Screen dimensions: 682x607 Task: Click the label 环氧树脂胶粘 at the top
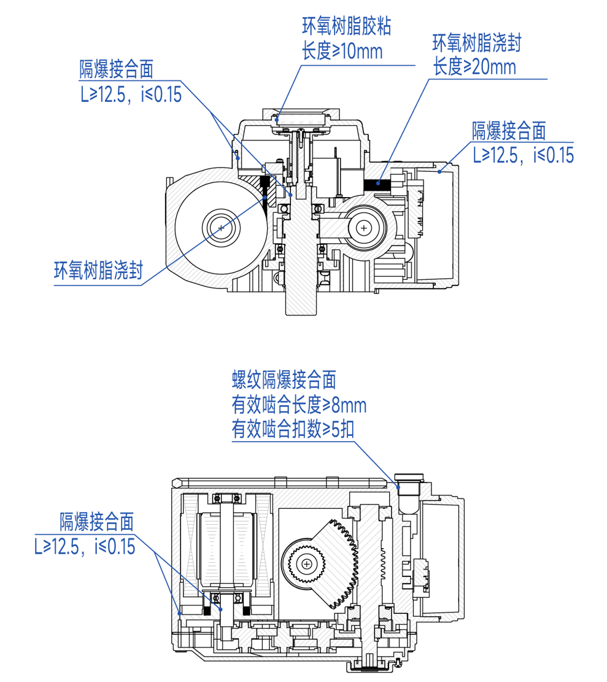tap(347, 27)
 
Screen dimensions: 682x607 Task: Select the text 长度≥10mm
tap(342, 50)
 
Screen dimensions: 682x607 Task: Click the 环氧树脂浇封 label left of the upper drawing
tap(99, 270)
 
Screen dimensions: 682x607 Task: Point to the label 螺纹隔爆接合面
tap(284, 381)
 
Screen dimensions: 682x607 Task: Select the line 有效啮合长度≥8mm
tap(299, 405)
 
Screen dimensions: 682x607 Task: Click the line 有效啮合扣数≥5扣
tap(293, 429)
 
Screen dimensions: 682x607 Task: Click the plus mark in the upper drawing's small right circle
tap(365, 228)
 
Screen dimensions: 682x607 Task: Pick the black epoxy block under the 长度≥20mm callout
tap(377, 182)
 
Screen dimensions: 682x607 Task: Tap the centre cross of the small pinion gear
tap(305, 562)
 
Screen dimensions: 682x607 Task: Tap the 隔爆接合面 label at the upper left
tap(116, 69)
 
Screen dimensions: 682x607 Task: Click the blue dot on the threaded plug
tap(399, 486)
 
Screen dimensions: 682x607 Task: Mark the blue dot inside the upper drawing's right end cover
tap(439, 171)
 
